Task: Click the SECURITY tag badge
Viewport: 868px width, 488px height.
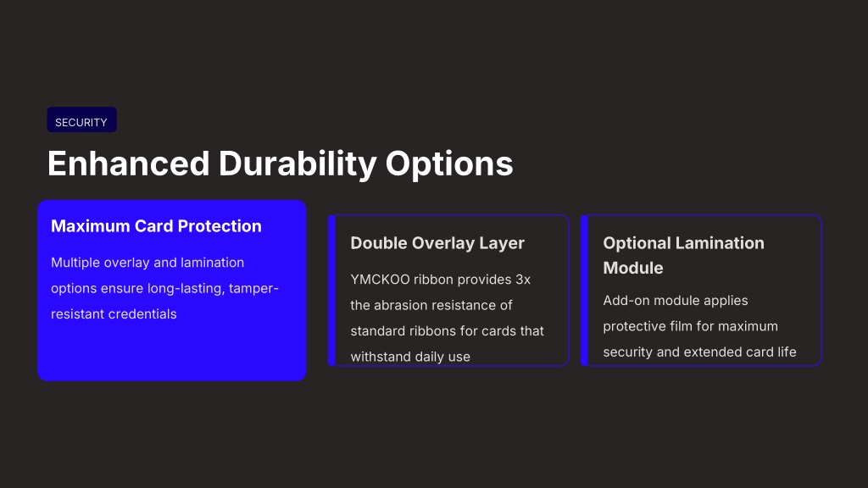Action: [x=81, y=119]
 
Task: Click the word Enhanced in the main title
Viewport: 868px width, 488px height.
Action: [x=129, y=164]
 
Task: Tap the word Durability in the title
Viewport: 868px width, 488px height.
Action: [x=298, y=164]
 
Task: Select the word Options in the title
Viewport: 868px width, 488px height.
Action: [x=449, y=164]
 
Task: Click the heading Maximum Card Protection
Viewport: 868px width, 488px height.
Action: [x=156, y=225]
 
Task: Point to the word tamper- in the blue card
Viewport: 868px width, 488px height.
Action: [x=253, y=288]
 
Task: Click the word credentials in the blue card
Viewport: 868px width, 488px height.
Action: [x=142, y=313]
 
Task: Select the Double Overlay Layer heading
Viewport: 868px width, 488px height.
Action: [x=437, y=243]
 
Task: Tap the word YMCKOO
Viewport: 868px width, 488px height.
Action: [x=381, y=280]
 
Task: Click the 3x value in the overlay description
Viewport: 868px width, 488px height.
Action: [x=523, y=280]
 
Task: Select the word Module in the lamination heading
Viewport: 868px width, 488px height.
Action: [x=632, y=268]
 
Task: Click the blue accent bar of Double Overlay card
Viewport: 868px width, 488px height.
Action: [x=332, y=291]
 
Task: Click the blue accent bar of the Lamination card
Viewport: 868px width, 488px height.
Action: [x=584, y=291]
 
